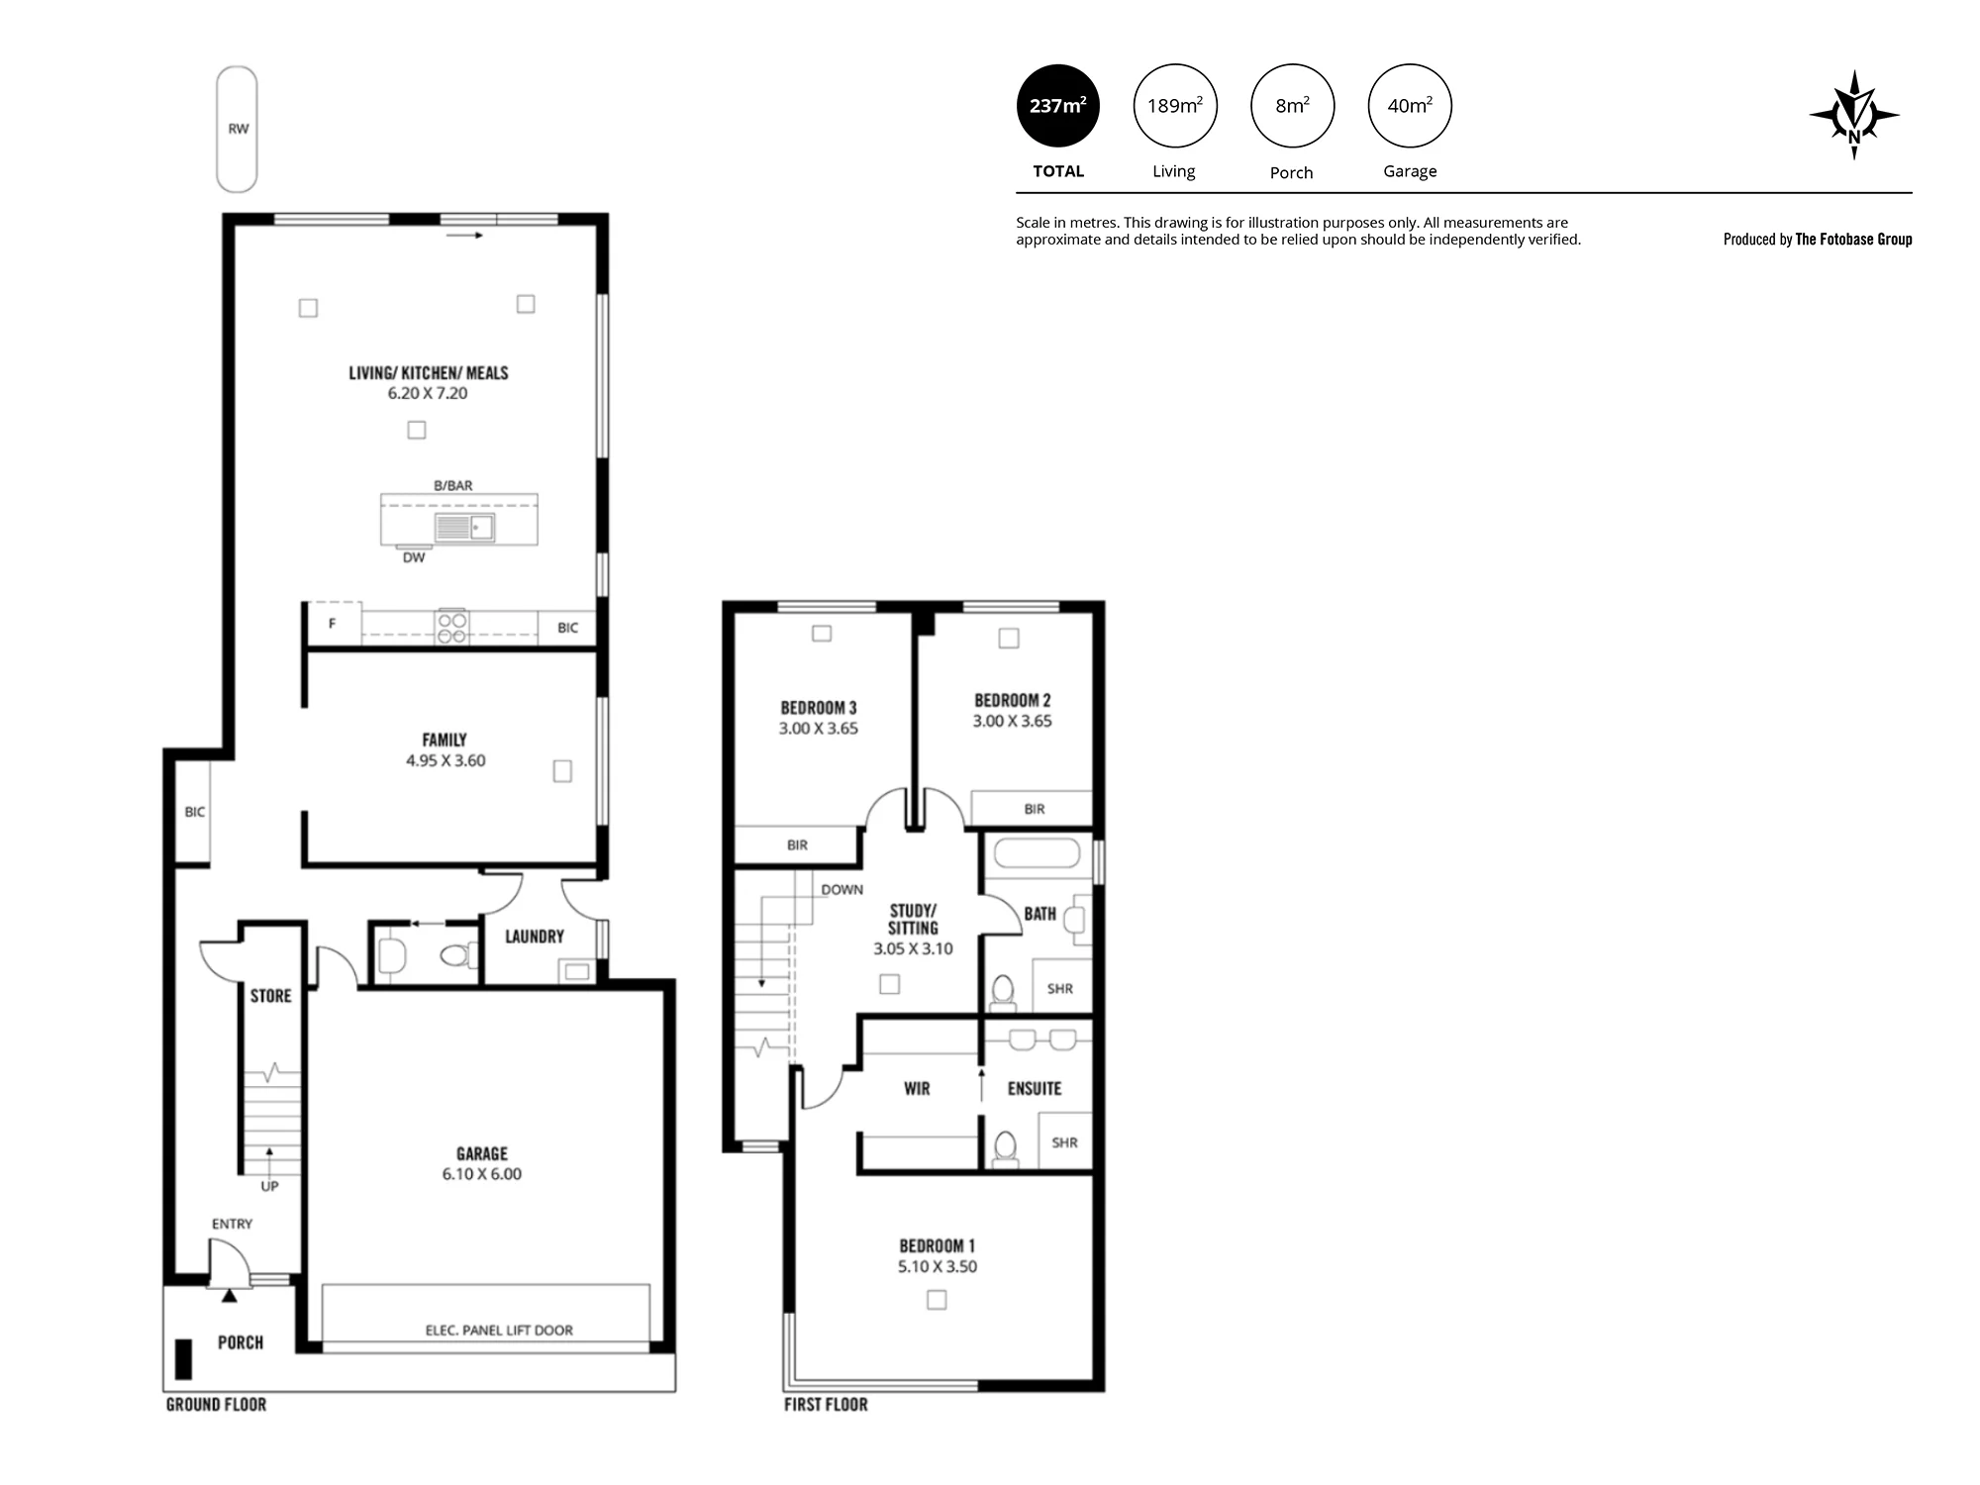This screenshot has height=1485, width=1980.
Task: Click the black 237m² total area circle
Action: point(1058,106)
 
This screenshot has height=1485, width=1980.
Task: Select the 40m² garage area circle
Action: point(1410,106)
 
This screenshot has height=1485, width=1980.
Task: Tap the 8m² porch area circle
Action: point(1292,106)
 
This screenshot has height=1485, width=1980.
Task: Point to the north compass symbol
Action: point(1854,115)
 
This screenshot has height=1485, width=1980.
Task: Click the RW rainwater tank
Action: point(237,129)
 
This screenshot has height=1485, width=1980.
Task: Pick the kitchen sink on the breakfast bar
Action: point(464,528)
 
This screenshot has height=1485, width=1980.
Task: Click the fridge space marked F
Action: point(333,624)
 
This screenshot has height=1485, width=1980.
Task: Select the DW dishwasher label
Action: point(414,557)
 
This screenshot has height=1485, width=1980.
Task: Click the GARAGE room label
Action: point(482,1153)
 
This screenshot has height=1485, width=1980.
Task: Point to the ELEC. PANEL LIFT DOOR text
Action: point(499,1330)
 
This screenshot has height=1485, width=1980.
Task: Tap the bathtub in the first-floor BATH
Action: point(1037,853)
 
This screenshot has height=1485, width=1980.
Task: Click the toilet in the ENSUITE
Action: point(1005,1148)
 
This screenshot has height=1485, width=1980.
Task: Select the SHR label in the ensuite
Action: point(1064,1142)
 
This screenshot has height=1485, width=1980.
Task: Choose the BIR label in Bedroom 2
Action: point(1035,809)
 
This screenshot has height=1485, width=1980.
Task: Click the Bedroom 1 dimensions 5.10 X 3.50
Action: point(938,1266)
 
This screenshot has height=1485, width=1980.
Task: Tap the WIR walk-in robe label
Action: point(917,1089)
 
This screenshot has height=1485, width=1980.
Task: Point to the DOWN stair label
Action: point(842,889)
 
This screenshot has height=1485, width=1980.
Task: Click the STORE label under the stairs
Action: point(271,996)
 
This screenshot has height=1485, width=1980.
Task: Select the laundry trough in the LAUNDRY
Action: point(577,971)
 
